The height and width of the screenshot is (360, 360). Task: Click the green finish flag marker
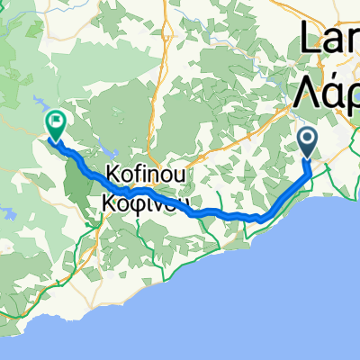[x=56, y=123]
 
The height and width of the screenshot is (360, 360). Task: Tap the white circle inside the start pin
[x=307, y=138]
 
